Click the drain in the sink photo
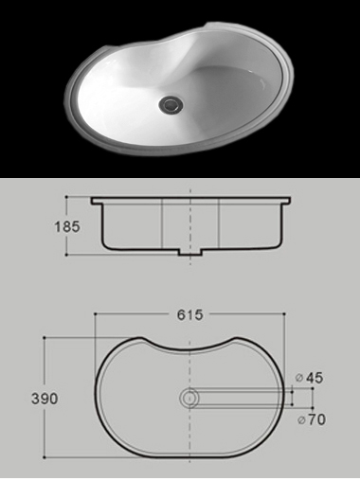coord(171,104)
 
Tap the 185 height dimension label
coord(67,226)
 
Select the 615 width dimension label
coord(189,314)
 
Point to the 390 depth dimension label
coord(45,399)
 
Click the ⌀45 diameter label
coord(309,378)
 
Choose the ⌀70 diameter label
coord(312,419)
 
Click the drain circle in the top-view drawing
coord(189,398)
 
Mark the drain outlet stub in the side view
coord(189,253)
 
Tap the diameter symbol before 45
coord(299,378)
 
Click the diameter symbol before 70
coord(302,420)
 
